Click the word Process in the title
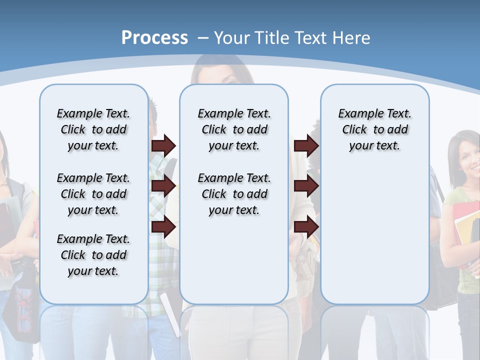coord(154,37)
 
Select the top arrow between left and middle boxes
coord(163,145)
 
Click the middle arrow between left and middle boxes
coord(163,186)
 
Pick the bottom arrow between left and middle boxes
coord(163,227)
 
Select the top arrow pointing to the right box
coord(306,145)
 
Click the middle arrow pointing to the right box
coord(306,186)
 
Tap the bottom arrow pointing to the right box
coord(306,227)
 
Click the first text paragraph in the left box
coord(93,129)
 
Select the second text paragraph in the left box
coord(93,194)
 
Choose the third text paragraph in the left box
coord(93,255)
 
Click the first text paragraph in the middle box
coord(234,129)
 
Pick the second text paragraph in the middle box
coord(234,194)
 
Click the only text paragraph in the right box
coord(374,129)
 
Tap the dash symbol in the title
coord(203,37)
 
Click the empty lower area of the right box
coord(374,240)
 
